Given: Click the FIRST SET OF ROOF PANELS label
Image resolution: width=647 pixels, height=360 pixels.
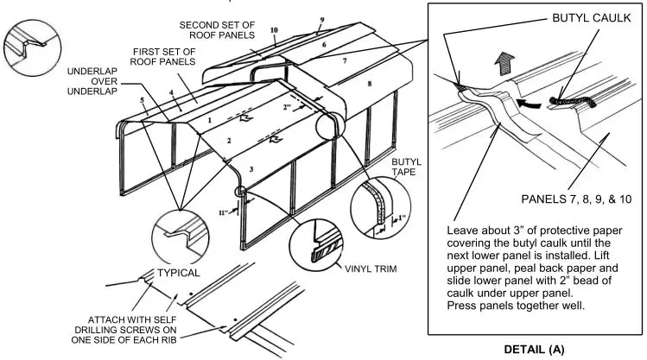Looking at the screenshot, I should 165,59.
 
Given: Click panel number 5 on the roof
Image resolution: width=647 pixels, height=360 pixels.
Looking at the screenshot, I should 142,101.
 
